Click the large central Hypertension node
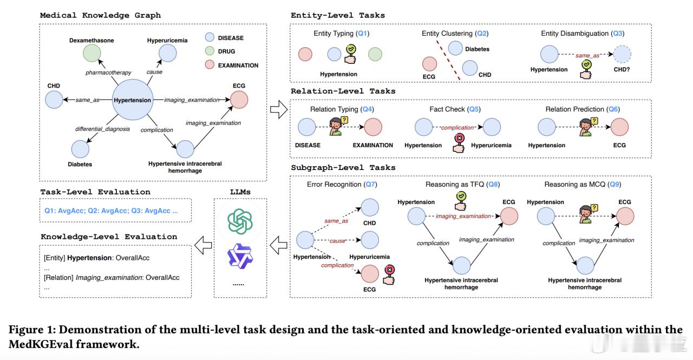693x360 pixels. point(132,100)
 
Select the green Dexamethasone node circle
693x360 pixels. point(91,55)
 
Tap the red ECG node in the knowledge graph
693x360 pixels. point(239,100)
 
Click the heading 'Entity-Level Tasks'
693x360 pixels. point(338,15)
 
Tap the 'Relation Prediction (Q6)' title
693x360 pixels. point(583,109)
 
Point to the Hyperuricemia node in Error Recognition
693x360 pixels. point(370,239)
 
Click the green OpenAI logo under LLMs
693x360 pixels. point(240,221)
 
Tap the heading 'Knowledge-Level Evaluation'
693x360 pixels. point(109,237)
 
